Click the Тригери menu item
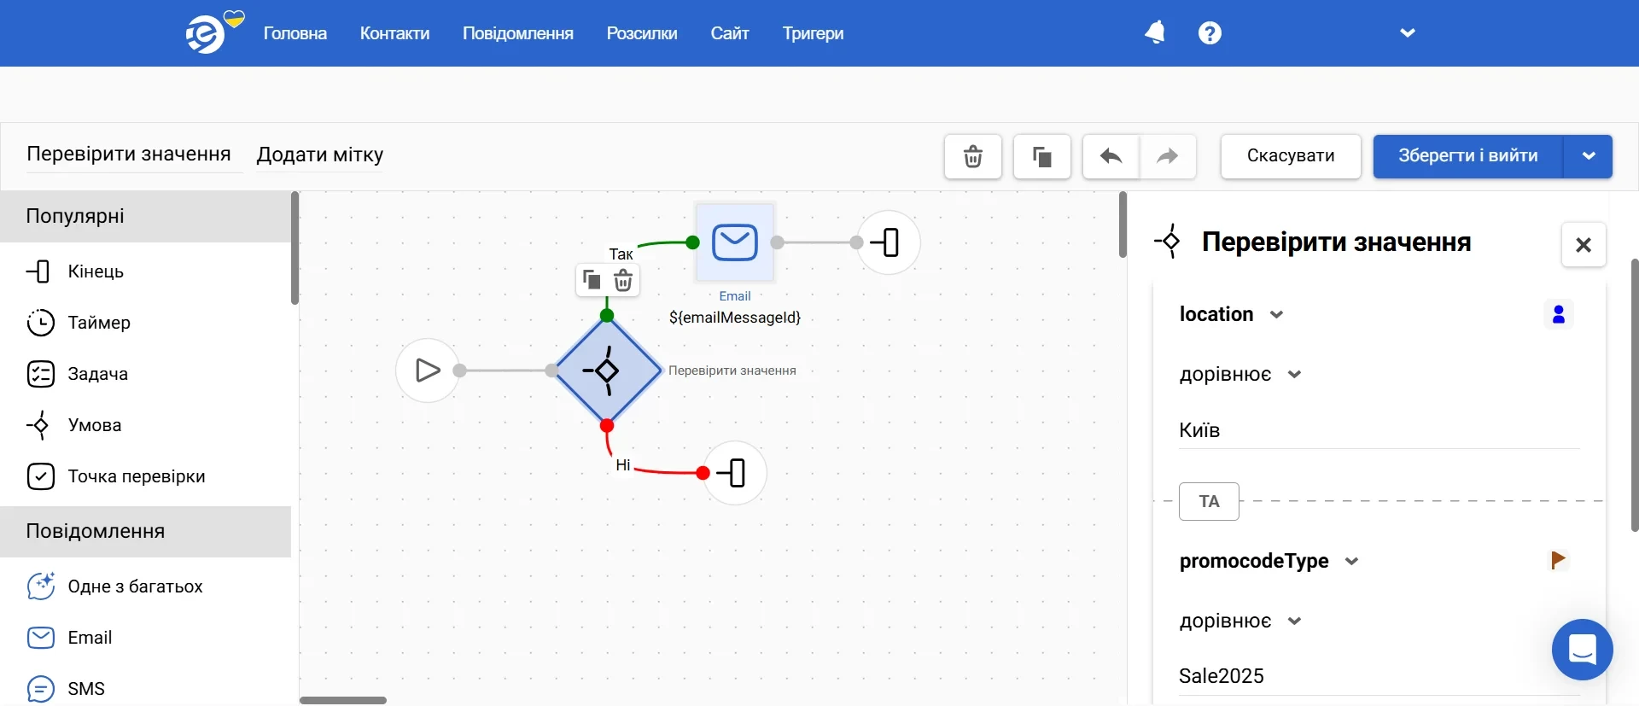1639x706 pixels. click(x=813, y=33)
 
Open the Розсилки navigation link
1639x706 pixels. click(x=642, y=33)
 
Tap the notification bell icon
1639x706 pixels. click(x=1155, y=32)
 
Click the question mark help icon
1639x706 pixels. click(x=1210, y=32)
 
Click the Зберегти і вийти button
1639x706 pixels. click(x=1468, y=156)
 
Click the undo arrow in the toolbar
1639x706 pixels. click(x=1111, y=156)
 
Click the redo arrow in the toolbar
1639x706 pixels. click(x=1167, y=156)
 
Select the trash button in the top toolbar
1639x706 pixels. click(x=973, y=156)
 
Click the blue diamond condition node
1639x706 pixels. click(x=607, y=371)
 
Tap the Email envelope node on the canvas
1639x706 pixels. click(x=735, y=242)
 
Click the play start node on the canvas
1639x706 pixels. click(x=428, y=371)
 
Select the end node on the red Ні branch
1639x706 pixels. click(x=735, y=473)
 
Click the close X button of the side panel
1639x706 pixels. click(x=1584, y=245)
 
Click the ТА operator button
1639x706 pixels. click(x=1209, y=501)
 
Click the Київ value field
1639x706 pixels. click(x=1379, y=430)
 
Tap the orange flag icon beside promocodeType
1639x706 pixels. click(x=1558, y=560)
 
